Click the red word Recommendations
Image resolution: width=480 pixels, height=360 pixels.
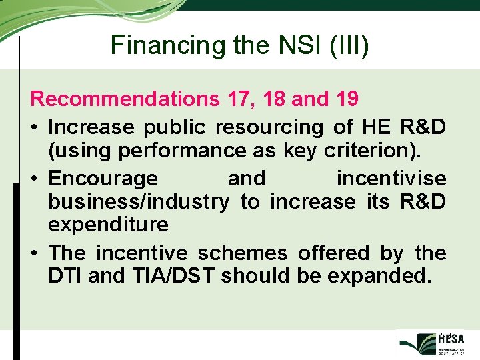[125, 99]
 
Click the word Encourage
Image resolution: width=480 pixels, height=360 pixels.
[103, 179]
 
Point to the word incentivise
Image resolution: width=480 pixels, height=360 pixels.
[391, 179]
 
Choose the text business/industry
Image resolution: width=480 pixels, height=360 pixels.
[139, 201]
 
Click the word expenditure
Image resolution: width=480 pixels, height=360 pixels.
[108, 225]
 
